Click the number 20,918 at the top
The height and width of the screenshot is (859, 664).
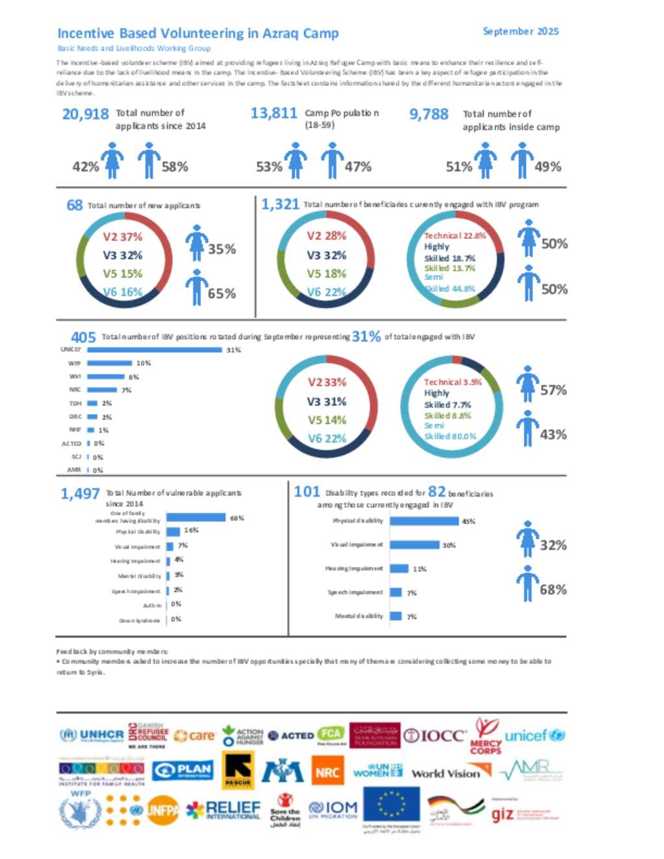(x=85, y=114)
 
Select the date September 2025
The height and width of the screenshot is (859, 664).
(x=520, y=31)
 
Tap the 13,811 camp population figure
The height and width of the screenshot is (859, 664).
(x=273, y=113)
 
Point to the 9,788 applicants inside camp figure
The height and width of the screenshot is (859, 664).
(x=428, y=114)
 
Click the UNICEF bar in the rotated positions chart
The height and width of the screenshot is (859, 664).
(x=154, y=350)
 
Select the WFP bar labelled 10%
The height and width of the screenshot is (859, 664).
(x=109, y=363)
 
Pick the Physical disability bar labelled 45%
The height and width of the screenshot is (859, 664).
(x=424, y=521)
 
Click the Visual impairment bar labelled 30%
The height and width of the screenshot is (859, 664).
(x=415, y=545)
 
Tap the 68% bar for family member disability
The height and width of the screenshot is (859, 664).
(x=196, y=518)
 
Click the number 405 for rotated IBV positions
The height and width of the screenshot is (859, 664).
(x=83, y=337)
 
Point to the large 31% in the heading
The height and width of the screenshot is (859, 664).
(x=366, y=336)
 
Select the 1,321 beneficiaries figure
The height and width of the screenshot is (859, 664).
(x=279, y=205)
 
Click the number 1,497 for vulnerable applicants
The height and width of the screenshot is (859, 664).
(x=80, y=494)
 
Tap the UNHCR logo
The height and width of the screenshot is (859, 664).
(x=91, y=735)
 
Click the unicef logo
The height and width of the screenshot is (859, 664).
(x=534, y=736)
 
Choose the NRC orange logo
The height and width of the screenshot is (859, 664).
(x=327, y=772)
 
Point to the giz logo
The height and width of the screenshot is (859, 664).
(x=503, y=814)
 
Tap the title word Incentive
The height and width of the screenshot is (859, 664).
(x=86, y=33)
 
